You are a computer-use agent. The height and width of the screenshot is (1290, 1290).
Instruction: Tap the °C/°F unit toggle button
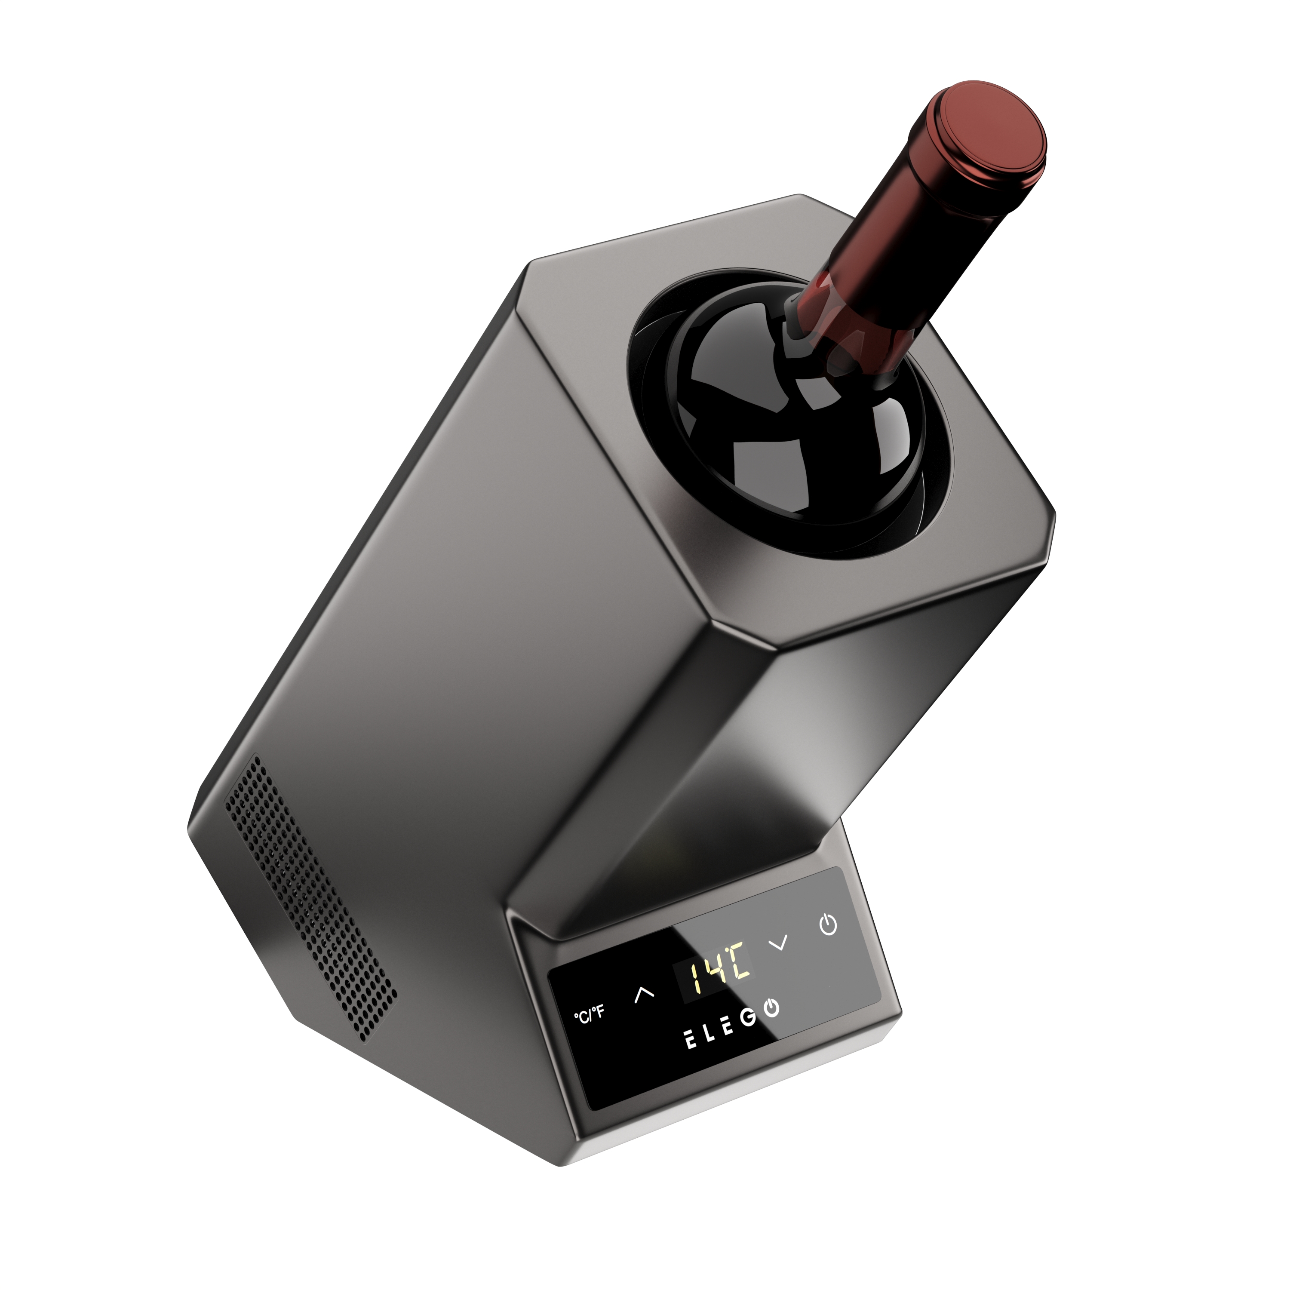tap(589, 1014)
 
